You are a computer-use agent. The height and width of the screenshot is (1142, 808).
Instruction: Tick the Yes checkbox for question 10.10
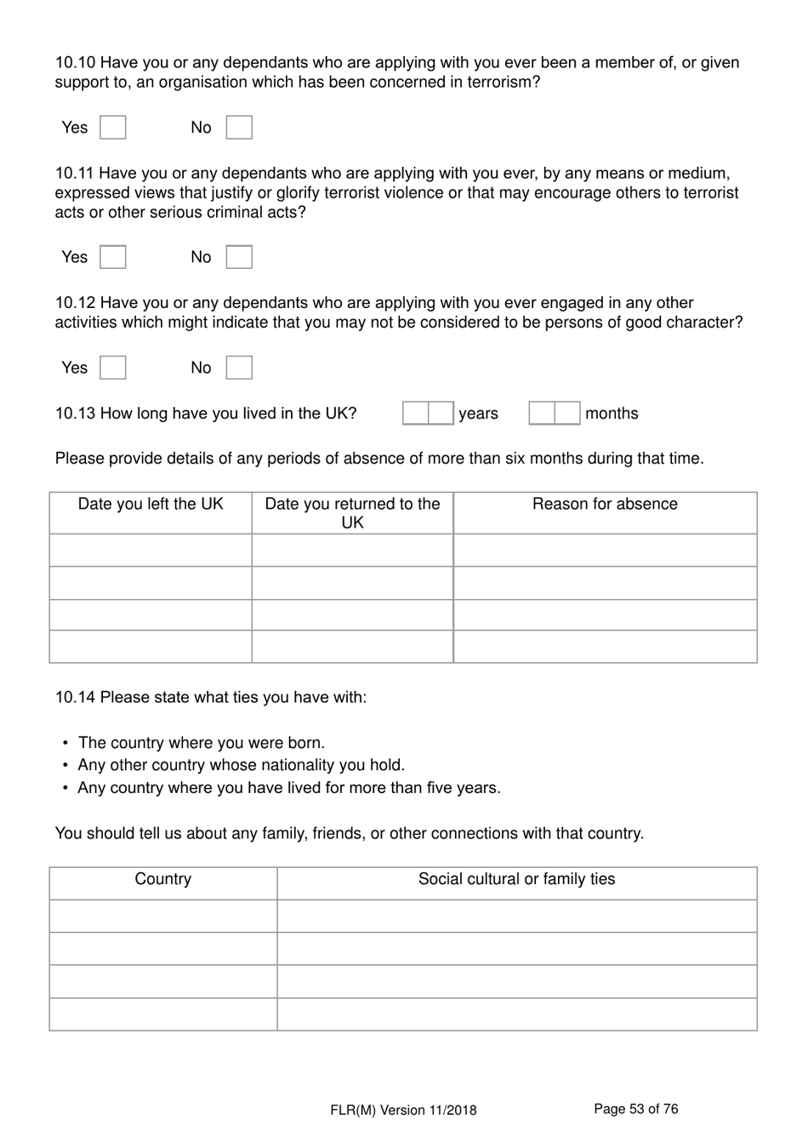coord(113,128)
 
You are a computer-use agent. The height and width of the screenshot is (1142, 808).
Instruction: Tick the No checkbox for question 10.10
coord(239,128)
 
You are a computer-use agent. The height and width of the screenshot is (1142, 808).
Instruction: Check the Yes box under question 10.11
coord(113,257)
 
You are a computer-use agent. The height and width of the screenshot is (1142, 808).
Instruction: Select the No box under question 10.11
coord(239,257)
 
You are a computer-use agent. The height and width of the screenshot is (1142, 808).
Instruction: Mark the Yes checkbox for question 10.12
coord(113,368)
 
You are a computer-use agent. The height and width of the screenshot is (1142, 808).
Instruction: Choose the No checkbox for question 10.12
coord(239,368)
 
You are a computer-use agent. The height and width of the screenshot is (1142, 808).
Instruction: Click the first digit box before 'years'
coord(415,414)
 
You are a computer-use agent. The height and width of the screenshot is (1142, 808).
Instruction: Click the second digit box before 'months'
coord(567,414)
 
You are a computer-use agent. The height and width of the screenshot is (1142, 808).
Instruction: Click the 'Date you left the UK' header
coord(151,504)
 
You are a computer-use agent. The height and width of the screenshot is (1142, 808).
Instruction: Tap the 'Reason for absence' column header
coord(605,504)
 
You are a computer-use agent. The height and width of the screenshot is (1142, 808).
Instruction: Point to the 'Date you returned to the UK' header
coord(352,513)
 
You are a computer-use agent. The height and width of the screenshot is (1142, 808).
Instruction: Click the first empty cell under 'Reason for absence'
coord(605,551)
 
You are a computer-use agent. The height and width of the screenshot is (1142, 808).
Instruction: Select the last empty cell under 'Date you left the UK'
coord(151,647)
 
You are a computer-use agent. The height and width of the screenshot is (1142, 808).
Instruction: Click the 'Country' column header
coord(162,879)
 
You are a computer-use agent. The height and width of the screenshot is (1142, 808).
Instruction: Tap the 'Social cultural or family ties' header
coord(516,879)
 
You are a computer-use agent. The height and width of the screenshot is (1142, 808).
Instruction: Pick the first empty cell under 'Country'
coord(162,916)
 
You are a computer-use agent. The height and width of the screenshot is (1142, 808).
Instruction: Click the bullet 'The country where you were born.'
coord(201,743)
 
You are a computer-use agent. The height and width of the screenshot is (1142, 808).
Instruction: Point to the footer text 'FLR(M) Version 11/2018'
coord(403,1110)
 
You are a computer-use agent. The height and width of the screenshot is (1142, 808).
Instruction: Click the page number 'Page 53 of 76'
coord(635,1109)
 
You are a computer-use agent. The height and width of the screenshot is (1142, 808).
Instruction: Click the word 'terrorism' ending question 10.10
coord(500,83)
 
